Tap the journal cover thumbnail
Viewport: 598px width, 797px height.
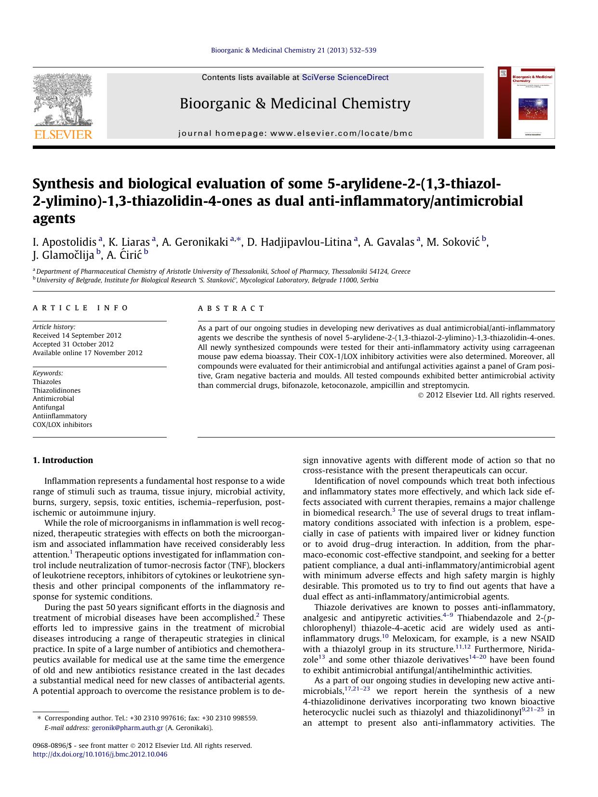pyautogui.click(x=526, y=103)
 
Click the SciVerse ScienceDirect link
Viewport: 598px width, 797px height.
pyautogui.click(x=345, y=78)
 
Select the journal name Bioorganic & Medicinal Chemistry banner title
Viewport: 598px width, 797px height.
pyautogui.click(x=295, y=104)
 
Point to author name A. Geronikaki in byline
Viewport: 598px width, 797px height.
pyautogui.click(x=195, y=242)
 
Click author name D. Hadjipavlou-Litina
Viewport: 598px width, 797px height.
pyautogui.click(x=299, y=242)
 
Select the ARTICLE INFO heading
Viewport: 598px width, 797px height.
pyautogui.click(x=80, y=308)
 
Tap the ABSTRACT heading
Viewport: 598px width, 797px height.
pyautogui.click(x=231, y=308)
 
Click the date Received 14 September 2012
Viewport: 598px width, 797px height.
pyautogui.click(x=77, y=335)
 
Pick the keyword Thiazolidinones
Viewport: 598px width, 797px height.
pyautogui.click(x=56, y=390)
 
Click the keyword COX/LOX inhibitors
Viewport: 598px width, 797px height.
pyautogui.click(x=62, y=425)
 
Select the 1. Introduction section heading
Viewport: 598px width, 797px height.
pyautogui.click(x=63, y=460)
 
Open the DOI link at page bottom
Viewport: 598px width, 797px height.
pyautogui.click(x=100, y=754)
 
